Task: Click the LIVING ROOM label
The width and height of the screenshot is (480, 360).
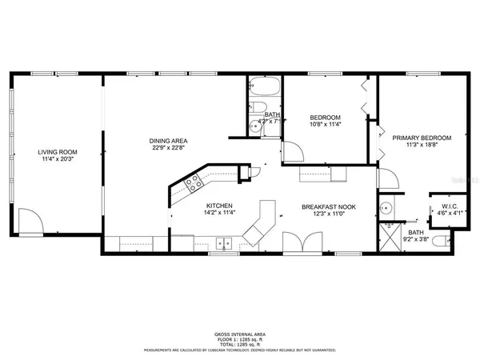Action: [55, 151]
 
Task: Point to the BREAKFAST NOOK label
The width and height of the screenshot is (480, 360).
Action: [328, 207]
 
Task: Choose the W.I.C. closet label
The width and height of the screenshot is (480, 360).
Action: [448, 206]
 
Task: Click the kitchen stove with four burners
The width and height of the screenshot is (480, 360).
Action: [194, 185]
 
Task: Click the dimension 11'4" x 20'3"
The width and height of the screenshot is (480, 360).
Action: [55, 158]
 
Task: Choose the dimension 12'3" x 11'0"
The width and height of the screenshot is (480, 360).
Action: [328, 214]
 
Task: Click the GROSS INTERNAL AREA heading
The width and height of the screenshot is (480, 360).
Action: [240, 334]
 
